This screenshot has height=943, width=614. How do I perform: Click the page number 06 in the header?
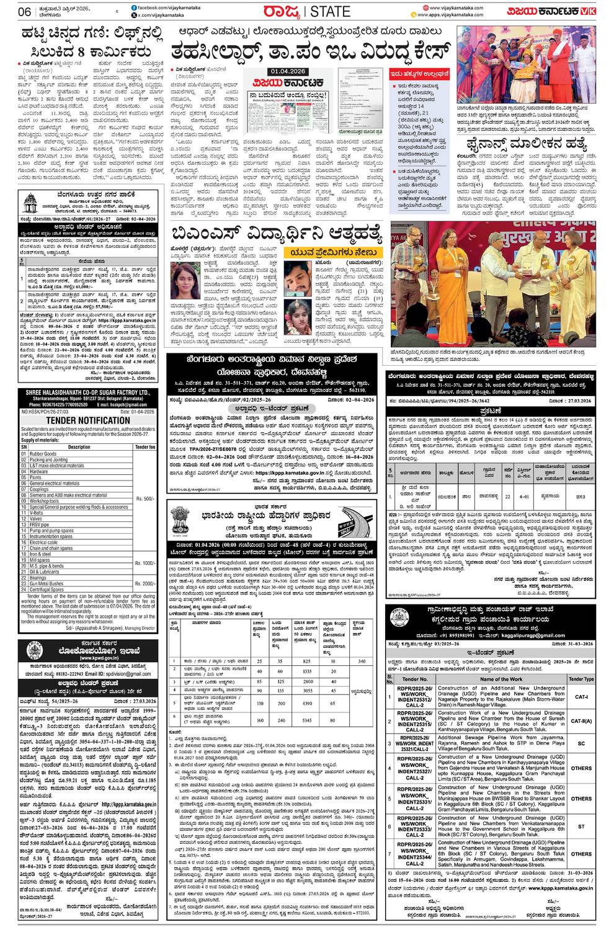pyautogui.click(x=25, y=11)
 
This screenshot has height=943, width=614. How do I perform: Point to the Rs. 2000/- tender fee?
pyautogui.click(x=144, y=584)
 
